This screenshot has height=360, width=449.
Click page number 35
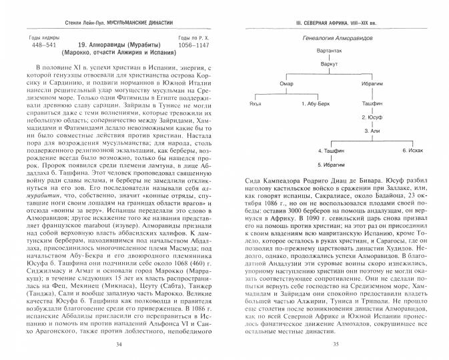pos(336,345)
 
